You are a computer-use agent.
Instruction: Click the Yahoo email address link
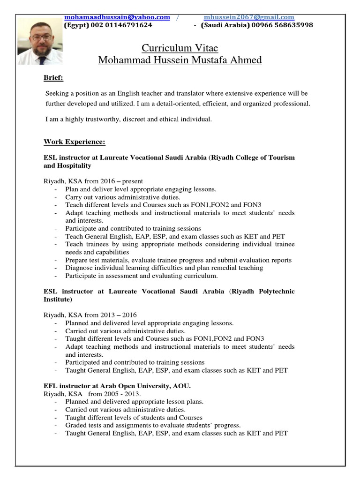(117, 17)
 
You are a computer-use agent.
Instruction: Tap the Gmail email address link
(249, 17)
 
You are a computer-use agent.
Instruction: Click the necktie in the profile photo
(42, 60)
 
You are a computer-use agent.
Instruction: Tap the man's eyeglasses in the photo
(41, 37)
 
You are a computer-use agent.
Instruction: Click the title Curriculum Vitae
(180, 48)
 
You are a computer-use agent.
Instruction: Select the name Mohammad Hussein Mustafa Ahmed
(180, 60)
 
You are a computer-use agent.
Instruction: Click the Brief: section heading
(53, 77)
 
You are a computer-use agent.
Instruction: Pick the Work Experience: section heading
(75, 142)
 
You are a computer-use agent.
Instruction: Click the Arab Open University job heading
(117, 386)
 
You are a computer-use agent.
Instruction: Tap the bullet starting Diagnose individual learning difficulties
(164, 268)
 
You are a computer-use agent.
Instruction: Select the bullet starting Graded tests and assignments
(153, 425)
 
